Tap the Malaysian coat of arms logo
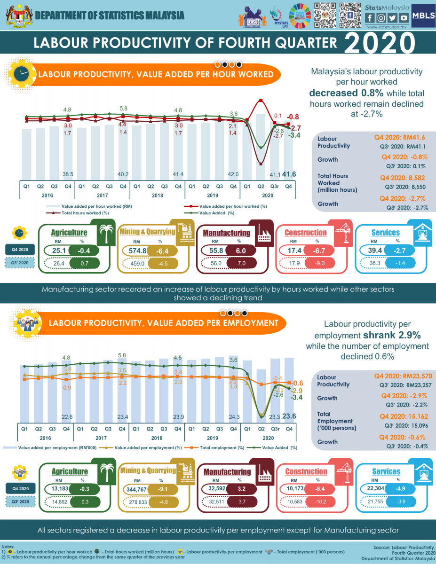17,15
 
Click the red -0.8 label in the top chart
293,117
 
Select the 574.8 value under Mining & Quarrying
138,251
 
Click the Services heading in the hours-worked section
386,233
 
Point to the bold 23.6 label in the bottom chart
289,416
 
